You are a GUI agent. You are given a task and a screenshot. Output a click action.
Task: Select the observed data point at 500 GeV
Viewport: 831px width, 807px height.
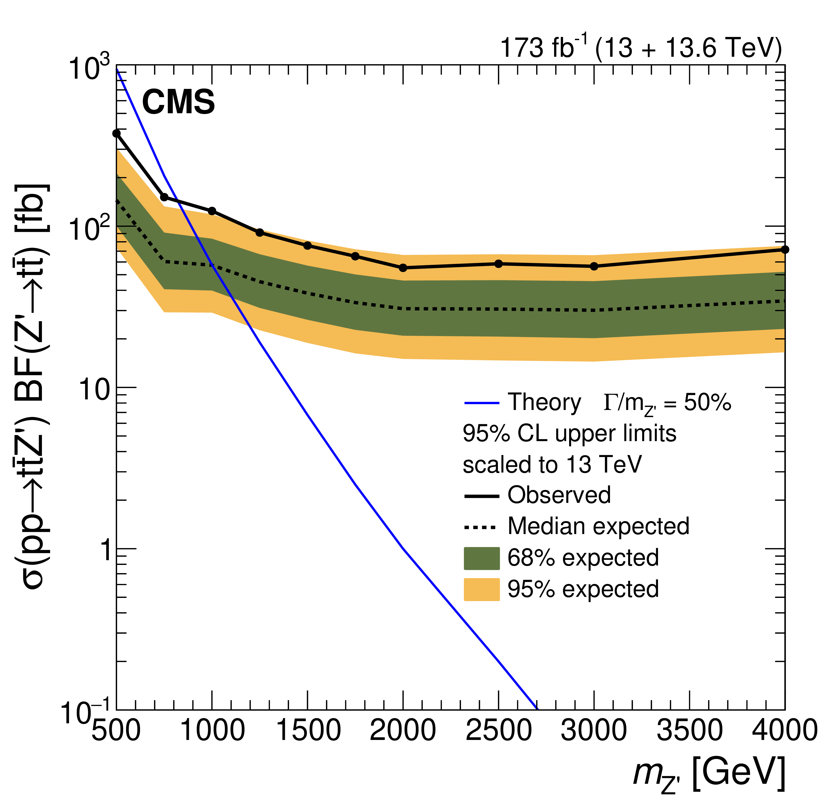tap(117, 134)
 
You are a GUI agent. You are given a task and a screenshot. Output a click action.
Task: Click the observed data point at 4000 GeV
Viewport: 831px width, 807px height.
tap(785, 249)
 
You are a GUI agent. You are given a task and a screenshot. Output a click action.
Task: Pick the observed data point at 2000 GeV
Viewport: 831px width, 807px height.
tap(403, 268)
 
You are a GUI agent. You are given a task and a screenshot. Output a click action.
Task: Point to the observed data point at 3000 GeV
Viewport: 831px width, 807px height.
tap(594, 266)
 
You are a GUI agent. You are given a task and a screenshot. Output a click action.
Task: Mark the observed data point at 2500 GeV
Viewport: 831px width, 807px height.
tap(499, 264)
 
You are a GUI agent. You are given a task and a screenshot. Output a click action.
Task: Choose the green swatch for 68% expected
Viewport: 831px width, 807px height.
tap(482, 558)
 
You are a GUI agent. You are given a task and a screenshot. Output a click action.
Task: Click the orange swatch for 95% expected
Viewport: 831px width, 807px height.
tap(482, 589)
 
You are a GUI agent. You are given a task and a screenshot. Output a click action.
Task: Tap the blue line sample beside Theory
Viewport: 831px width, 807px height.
tap(482, 403)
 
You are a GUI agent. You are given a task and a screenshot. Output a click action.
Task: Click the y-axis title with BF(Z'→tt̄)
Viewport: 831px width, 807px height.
tap(32, 386)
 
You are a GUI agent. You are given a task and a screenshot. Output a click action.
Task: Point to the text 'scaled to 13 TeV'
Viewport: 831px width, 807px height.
tap(552, 464)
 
